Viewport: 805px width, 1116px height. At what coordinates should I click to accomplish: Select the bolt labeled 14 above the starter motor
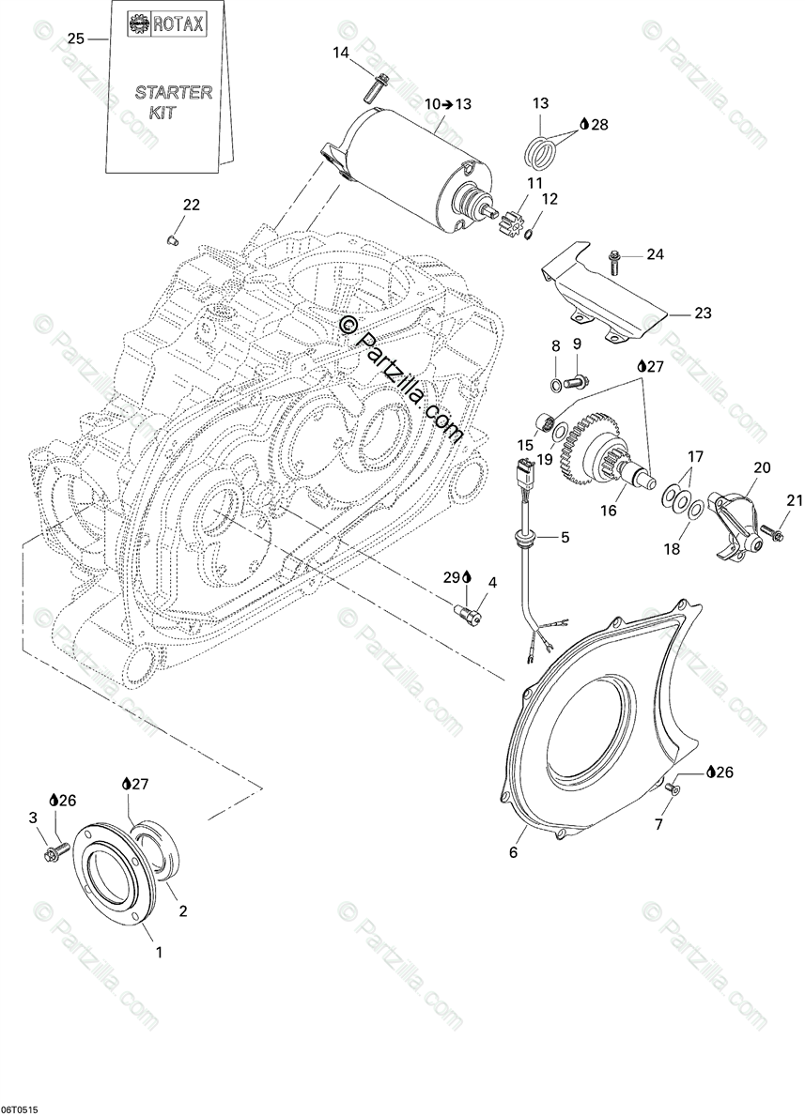[x=377, y=86]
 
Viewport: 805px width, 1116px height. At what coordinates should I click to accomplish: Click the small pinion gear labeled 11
[x=512, y=226]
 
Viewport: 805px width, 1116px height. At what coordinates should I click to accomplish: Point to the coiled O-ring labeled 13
[x=539, y=148]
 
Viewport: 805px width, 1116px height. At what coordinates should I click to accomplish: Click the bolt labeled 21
[x=774, y=534]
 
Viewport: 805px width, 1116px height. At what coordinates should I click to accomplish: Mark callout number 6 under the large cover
[x=514, y=852]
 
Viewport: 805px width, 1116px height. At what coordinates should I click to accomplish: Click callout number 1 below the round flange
[x=159, y=952]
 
